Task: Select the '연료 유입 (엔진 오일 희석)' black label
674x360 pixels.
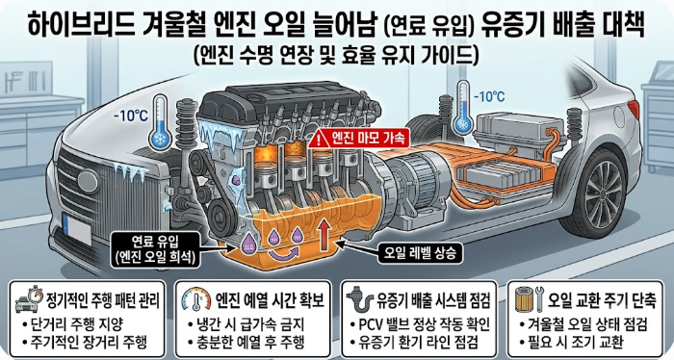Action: pyautogui.click(x=155, y=249)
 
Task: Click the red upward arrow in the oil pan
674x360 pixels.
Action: pyautogui.click(x=324, y=237)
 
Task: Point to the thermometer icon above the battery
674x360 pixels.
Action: pyautogui.click(x=463, y=108)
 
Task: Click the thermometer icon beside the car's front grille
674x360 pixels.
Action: pyautogui.click(x=160, y=122)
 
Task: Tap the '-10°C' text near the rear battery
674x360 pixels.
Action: pyautogui.click(x=489, y=96)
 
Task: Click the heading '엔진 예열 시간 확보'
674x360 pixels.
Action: pyautogui.click(x=270, y=300)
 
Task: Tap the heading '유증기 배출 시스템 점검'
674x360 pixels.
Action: pyautogui.click(x=433, y=300)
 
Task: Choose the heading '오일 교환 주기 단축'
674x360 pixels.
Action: pyautogui.click(x=602, y=300)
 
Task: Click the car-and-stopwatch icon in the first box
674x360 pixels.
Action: pyautogui.click(x=30, y=299)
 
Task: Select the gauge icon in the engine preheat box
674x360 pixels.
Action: pyautogui.click(x=196, y=299)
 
